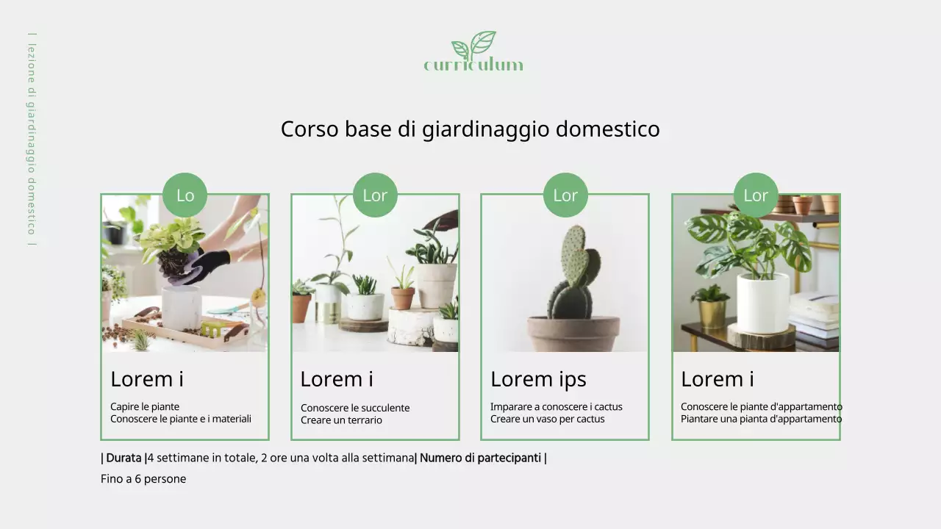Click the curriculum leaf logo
tap(473, 51)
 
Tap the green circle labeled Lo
tap(185, 195)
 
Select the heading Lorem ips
tap(538, 379)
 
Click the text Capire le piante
tap(145, 406)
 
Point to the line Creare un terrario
tap(341, 420)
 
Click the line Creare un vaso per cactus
tap(547, 419)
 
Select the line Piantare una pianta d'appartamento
tap(761, 419)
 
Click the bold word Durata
tap(124, 458)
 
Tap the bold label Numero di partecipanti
tap(480, 458)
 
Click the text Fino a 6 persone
tap(143, 479)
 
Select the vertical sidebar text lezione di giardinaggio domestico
tap(32, 140)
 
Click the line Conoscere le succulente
tap(355, 408)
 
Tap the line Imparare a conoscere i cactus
tap(556, 406)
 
